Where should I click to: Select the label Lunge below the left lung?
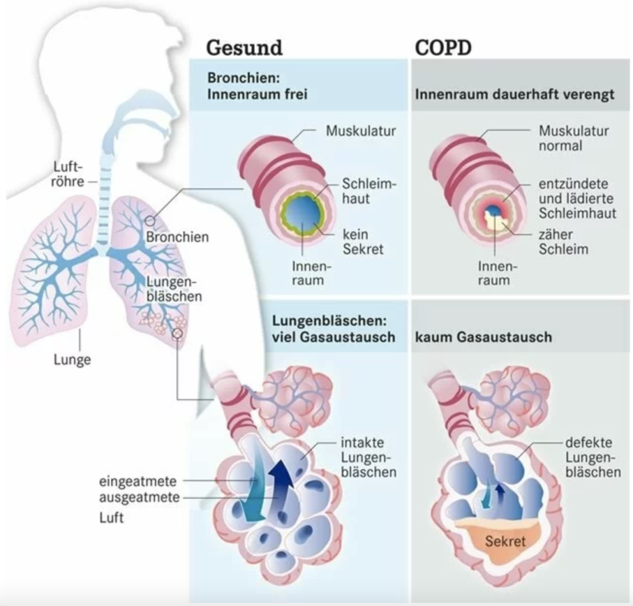pos(72,359)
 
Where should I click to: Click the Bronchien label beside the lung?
pos(177,237)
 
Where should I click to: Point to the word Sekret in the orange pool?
pos(505,541)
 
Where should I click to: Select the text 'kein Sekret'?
pos(363,242)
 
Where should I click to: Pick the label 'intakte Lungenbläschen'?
pos(368,458)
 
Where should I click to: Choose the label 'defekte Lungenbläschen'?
pos(593,458)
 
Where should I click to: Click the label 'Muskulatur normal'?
pos(574,139)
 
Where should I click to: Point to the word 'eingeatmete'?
pos(138,481)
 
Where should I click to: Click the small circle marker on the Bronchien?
pos(149,221)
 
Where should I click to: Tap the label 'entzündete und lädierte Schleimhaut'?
pos(577,198)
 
